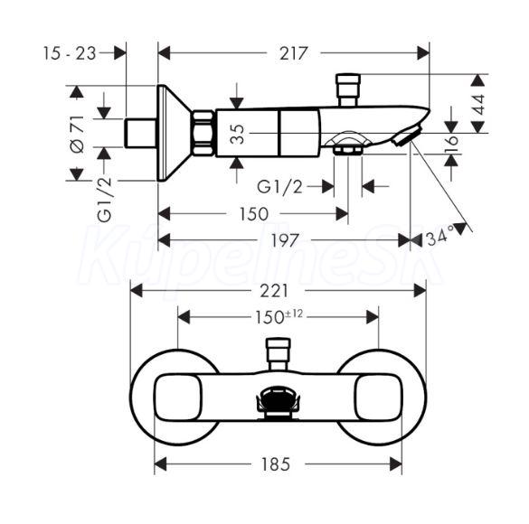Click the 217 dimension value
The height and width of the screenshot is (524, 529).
coord(294,53)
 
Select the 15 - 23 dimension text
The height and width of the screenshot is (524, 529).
coord(70,53)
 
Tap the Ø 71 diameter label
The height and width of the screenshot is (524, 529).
coord(77,134)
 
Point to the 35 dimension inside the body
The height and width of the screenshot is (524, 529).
coord(239,134)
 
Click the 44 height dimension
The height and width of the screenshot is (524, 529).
coord(478,105)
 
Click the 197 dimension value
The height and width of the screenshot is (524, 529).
coord(285,240)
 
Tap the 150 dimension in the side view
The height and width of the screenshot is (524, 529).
coord(254,213)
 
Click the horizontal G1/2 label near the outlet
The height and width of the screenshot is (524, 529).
coord(279,187)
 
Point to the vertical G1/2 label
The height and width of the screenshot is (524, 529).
coord(105,200)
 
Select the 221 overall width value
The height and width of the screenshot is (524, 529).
coord(274,291)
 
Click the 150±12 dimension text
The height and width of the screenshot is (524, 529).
coord(279,317)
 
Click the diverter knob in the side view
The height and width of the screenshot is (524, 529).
coord(348,90)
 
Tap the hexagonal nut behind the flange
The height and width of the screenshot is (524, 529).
coord(203,133)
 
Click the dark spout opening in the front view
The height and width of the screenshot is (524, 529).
coord(278,399)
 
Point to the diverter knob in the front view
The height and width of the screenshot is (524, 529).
coord(278,354)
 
